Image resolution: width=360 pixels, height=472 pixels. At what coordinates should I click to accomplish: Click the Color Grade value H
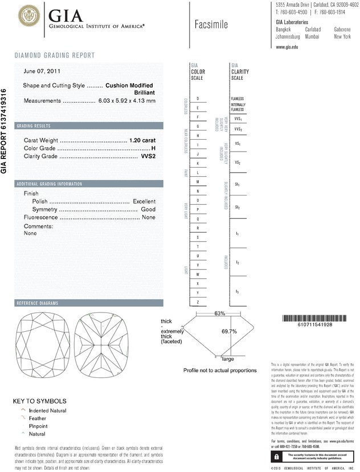coord(153,148)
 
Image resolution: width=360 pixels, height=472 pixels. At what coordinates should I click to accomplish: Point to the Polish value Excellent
coord(144,201)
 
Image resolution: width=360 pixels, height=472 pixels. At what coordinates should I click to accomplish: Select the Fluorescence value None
coord(149,218)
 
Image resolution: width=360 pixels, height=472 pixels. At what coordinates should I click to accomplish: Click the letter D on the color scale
coord(198,99)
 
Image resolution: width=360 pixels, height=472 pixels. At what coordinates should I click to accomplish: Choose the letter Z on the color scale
coord(198,302)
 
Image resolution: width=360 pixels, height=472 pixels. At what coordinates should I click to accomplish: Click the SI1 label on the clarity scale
coord(238,185)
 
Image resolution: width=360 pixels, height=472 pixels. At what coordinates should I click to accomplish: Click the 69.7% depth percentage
coord(228,331)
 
